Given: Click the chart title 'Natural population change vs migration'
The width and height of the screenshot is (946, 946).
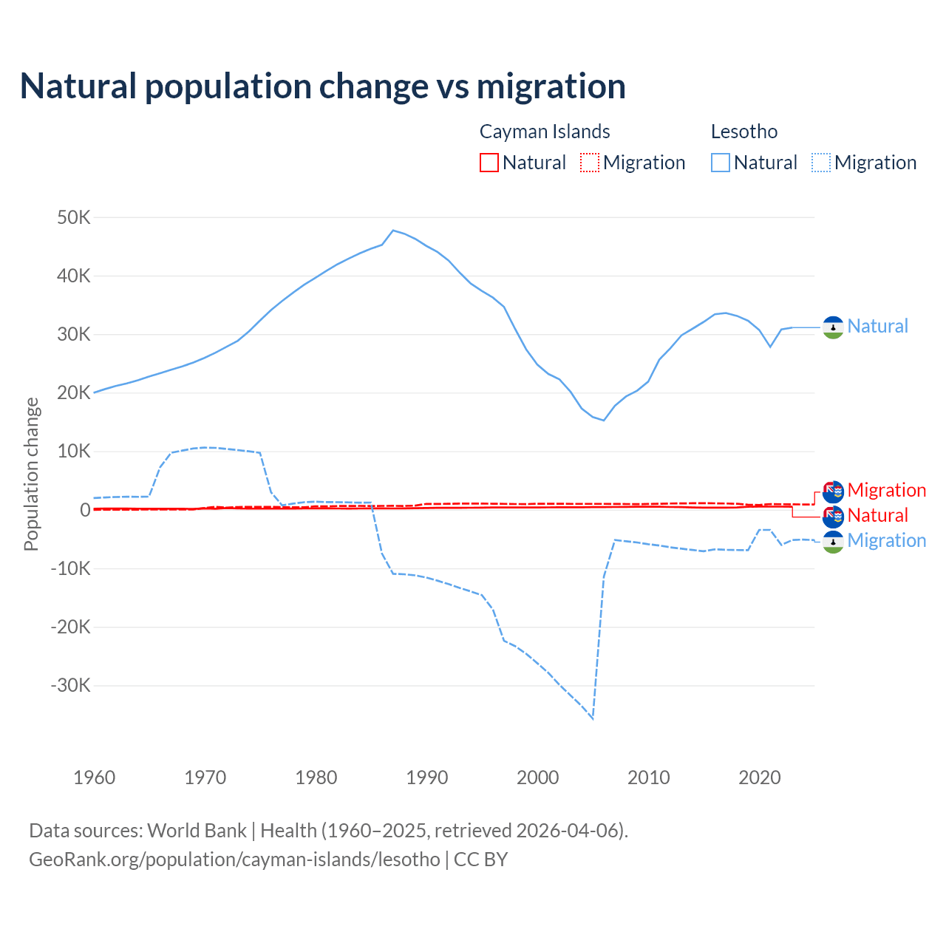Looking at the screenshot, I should pyautogui.click(x=322, y=86).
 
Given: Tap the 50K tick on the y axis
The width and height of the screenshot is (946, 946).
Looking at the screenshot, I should pyautogui.click(x=74, y=218).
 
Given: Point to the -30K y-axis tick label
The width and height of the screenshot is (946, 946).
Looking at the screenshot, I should pyautogui.click(x=71, y=685).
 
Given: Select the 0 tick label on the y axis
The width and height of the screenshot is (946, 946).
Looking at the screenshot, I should pyautogui.click(x=85, y=510).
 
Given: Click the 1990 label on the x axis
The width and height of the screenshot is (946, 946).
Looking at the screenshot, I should pyautogui.click(x=427, y=777).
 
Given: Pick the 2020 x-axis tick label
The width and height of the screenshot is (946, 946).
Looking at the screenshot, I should pyautogui.click(x=760, y=777).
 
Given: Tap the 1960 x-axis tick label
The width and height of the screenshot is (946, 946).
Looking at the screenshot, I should pyautogui.click(x=95, y=777).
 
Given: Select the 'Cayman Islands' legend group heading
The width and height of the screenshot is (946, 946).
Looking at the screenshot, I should pyautogui.click(x=545, y=132).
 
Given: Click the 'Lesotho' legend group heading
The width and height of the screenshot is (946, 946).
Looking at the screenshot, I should pyautogui.click(x=744, y=132).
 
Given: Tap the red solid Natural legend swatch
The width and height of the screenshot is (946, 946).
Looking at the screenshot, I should pyautogui.click(x=489, y=163).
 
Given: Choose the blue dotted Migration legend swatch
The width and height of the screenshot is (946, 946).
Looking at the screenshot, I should pyautogui.click(x=821, y=163).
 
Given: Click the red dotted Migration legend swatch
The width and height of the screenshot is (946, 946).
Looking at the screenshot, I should pyautogui.click(x=590, y=163).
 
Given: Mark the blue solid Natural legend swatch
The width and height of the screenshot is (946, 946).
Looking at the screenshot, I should pyautogui.click(x=721, y=163).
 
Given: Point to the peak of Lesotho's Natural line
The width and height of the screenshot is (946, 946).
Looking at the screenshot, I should pyautogui.click(x=393, y=231).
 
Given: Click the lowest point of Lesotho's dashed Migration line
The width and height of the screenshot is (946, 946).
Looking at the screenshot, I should pyautogui.click(x=593, y=718).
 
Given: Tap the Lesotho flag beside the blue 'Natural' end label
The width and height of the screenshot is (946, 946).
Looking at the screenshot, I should pyautogui.click(x=833, y=327).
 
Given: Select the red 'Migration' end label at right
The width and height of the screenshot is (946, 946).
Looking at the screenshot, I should pyautogui.click(x=886, y=490).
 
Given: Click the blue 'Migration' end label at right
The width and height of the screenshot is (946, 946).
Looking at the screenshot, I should pyautogui.click(x=886, y=540).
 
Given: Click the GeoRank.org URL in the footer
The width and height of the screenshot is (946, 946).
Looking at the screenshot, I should pyautogui.click(x=234, y=860).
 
